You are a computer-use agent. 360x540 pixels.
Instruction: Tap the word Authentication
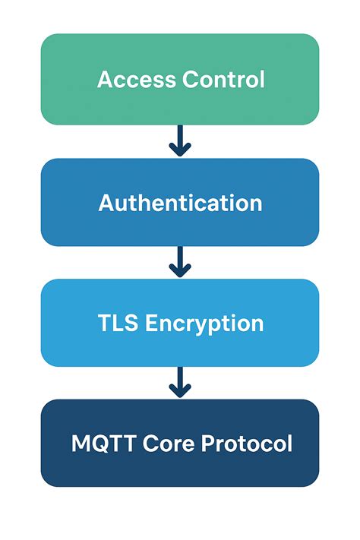pos(180,203)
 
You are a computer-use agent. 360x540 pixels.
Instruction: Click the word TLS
pos(118,324)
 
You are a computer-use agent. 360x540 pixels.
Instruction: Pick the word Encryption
pos(204,324)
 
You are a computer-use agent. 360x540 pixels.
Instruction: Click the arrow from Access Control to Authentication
pos(180,141)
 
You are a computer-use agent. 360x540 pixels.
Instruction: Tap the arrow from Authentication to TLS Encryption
pos(180,262)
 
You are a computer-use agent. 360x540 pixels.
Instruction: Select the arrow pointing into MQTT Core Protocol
pos(180,383)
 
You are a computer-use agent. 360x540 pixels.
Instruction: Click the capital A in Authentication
pos(106,203)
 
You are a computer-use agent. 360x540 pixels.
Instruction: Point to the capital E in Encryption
pos(151,324)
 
